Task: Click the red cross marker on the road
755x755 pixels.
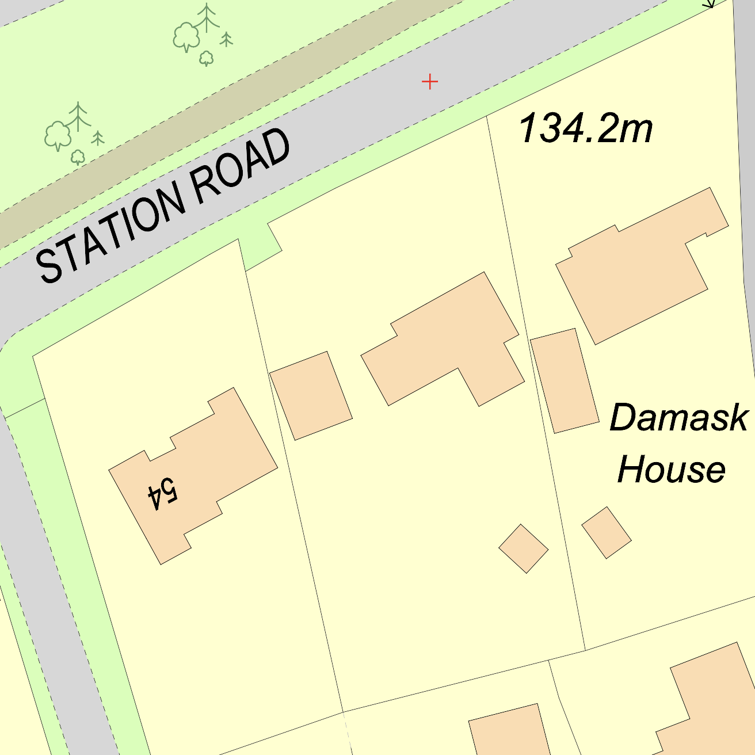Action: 430,82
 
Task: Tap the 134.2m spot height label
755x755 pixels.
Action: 585,128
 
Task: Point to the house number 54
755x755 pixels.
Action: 163,493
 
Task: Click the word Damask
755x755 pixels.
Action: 678,417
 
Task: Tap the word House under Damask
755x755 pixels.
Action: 671,469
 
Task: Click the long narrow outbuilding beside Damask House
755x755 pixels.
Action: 564,380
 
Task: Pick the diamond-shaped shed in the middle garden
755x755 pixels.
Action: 523,548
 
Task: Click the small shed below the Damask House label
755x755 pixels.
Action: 607,532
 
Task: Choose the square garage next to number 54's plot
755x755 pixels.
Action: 311,395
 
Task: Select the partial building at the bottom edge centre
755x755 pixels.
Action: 509,731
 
